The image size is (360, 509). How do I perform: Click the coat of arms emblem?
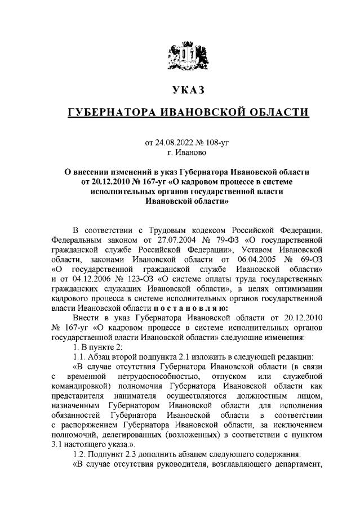pyautogui.click(x=180, y=59)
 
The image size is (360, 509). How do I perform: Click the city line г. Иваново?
pyautogui.click(x=180, y=152)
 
